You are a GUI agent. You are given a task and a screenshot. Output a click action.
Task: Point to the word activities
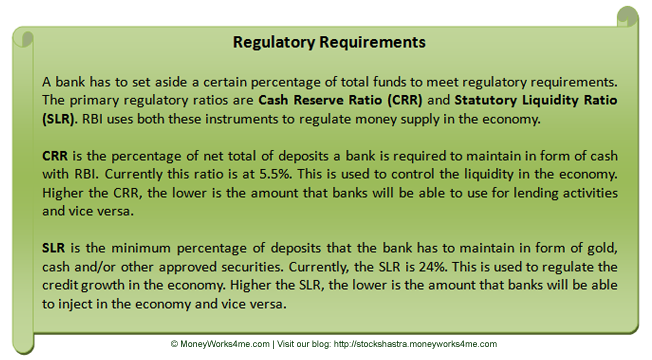(579, 193)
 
